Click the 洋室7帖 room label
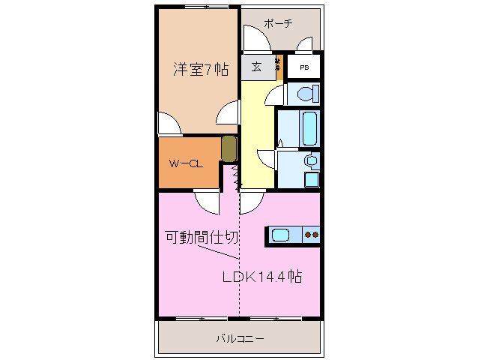point(201,70)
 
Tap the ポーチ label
point(278,23)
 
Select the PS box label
point(304,67)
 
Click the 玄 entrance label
point(256,67)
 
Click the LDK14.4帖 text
point(261,276)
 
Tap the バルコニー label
point(240,339)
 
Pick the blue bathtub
point(309,130)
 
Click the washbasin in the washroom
point(309,161)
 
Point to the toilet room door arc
point(276,95)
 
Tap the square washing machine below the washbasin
point(310,180)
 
